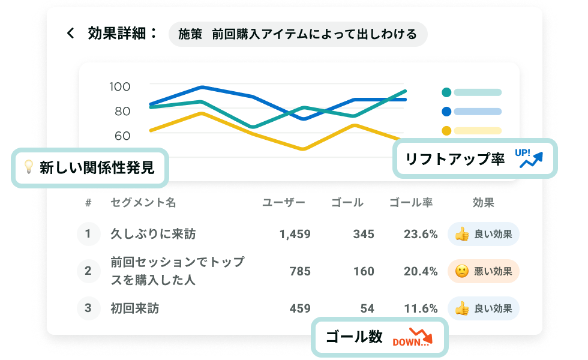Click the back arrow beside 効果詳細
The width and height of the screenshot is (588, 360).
(71, 34)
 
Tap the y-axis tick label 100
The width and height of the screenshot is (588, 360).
(119, 86)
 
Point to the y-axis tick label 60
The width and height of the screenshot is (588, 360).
(122, 136)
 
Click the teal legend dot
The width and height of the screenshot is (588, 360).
(446, 92)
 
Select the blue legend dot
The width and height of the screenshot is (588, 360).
(446, 112)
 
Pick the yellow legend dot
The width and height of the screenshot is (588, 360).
(446, 131)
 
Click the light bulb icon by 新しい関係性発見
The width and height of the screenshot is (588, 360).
(28, 167)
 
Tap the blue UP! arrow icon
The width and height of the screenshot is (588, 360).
(530, 158)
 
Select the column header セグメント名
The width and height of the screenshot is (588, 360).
(143, 203)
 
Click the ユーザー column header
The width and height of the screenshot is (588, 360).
(284, 203)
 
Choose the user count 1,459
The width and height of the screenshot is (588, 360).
(295, 234)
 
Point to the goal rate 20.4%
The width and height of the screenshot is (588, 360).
(421, 271)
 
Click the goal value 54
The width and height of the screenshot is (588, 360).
(367, 308)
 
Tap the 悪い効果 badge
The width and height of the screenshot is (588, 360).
(484, 271)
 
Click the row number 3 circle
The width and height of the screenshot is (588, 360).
(88, 308)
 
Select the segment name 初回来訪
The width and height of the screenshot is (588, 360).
(135, 308)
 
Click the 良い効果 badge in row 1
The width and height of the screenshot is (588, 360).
(484, 234)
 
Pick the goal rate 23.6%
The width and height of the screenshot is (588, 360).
(421, 234)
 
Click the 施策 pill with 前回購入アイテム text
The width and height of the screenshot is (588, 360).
(298, 34)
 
